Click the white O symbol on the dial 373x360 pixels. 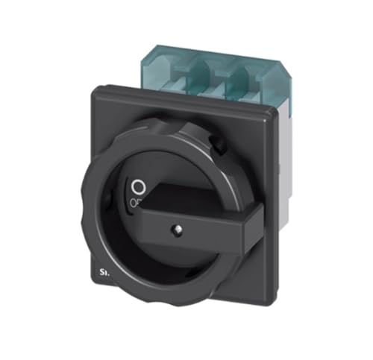137,184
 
